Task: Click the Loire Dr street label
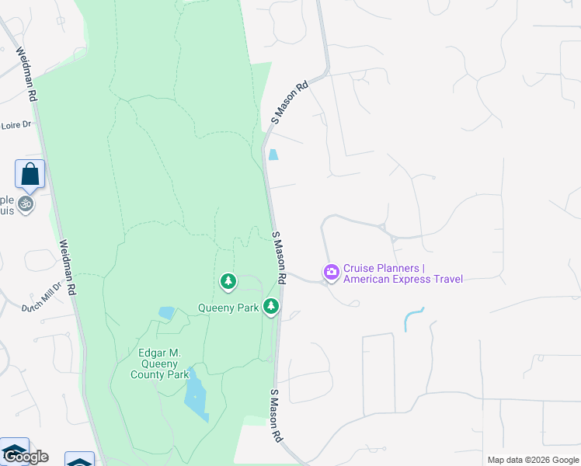(x=16, y=124)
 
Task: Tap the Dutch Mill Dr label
(x=41, y=302)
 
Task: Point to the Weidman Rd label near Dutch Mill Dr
(x=68, y=266)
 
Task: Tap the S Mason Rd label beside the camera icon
(x=280, y=256)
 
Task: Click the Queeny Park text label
(x=228, y=308)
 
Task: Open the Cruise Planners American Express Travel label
(x=402, y=274)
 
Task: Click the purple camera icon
(x=332, y=272)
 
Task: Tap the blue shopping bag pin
(x=30, y=175)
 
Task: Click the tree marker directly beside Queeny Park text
(x=271, y=307)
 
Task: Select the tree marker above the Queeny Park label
(x=228, y=281)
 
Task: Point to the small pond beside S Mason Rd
(x=273, y=155)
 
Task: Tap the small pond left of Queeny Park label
(x=166, y=313)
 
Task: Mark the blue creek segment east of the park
(x=412, y=318)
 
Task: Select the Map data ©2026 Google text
(x=532, y=460)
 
